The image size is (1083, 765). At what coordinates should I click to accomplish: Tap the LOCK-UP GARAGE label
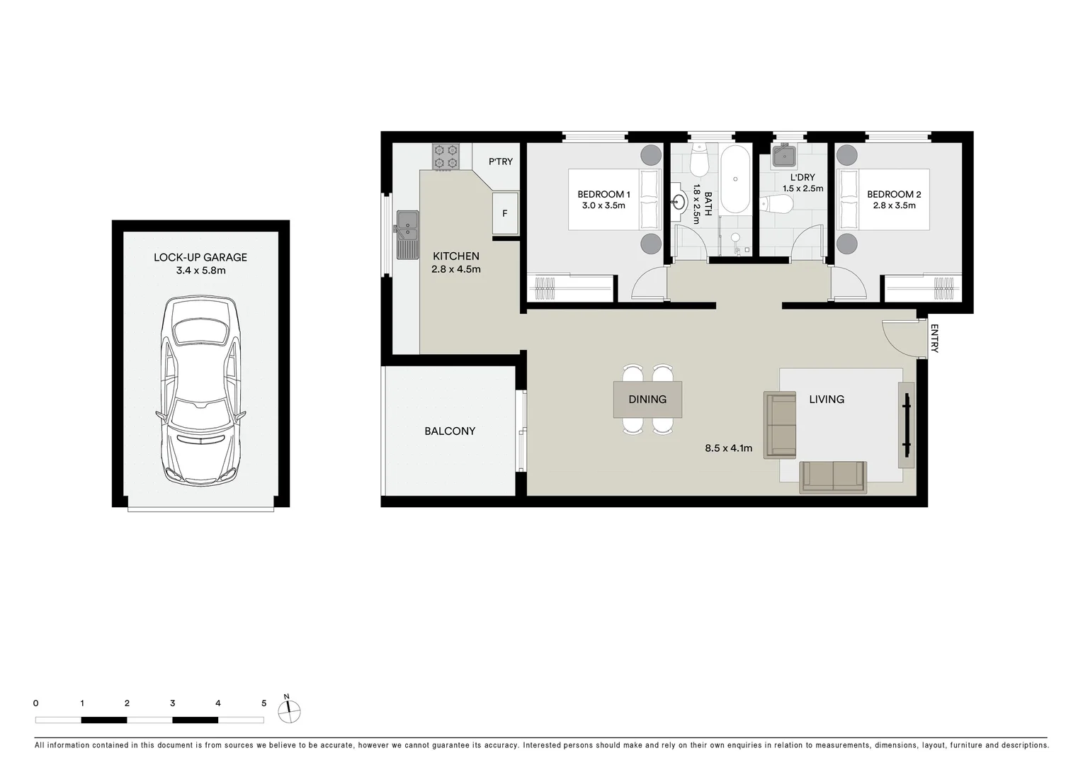click(200, 257)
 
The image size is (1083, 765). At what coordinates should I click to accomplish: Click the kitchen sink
click(407, 234)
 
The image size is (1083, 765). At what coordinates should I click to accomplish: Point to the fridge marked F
click(505, 212)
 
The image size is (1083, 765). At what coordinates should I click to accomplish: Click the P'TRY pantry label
click(500, 161)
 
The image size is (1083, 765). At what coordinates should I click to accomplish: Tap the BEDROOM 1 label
click(603, 194)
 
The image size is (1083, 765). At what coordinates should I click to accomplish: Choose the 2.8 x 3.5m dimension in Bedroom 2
click(894, 205)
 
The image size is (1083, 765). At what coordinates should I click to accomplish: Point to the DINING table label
click(647, 399)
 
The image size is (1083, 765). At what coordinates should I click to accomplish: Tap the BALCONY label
click(450, 431)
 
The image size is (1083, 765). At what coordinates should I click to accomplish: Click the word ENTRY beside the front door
click(934, 339)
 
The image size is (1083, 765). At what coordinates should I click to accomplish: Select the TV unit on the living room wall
click(906, 425)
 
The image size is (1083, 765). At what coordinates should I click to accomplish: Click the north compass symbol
click(289, 710)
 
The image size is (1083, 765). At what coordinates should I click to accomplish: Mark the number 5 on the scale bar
click(263, 703)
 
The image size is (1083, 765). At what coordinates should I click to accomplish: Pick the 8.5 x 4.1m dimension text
click(728, 448)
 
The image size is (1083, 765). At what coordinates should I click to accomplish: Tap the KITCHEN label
click(456, 256)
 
